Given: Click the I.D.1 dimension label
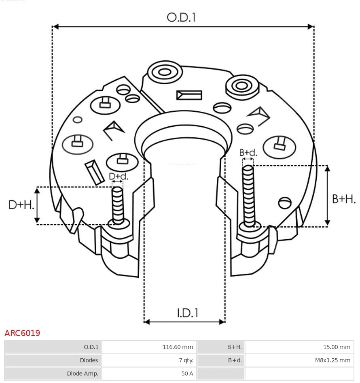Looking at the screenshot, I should (187, 313).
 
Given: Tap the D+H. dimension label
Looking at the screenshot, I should (21, 205).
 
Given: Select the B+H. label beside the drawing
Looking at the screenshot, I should (343, 199).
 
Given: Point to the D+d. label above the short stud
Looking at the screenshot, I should (119, 177).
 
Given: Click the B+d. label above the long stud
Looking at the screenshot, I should (248, 153).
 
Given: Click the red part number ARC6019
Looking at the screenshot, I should (22, 333).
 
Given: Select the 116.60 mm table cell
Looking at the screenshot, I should (178, 347).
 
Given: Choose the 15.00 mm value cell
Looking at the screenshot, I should (337, 347).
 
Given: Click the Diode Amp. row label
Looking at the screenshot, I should (83, 374).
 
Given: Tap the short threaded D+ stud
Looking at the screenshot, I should (118, 204).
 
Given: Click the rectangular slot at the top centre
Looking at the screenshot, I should (189, 95).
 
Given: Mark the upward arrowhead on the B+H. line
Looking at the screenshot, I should (328, 168).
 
